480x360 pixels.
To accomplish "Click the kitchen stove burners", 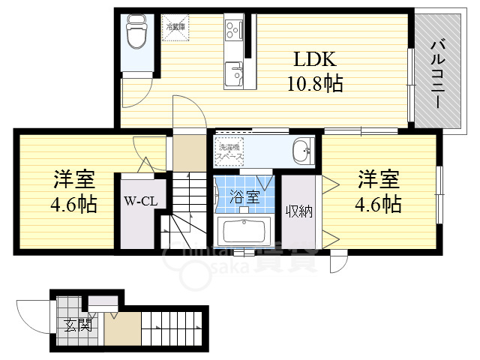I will (233, 31).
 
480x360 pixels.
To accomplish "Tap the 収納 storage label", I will (298, 211).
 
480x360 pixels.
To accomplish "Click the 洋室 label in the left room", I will (73, 180).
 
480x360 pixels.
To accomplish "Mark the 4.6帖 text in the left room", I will (73, 204).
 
